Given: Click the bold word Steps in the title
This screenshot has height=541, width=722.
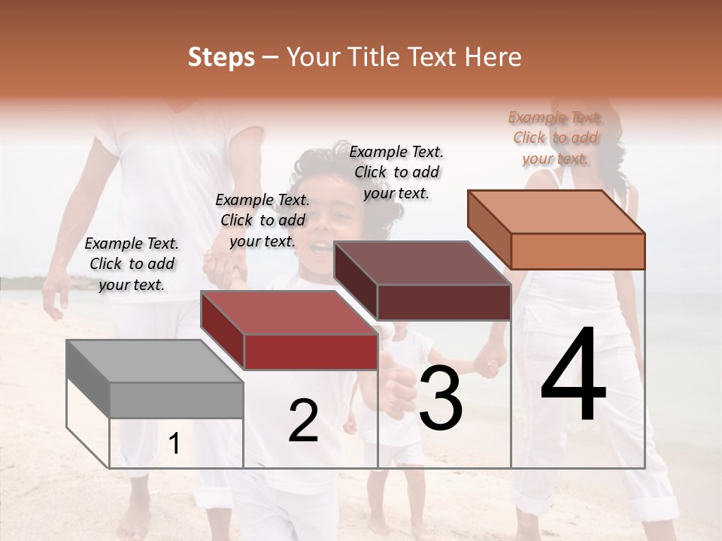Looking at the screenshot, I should tap(221, 57).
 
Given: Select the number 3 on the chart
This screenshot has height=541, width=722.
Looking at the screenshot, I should tap(441, 399).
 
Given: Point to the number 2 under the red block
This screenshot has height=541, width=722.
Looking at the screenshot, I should tap(303, 422).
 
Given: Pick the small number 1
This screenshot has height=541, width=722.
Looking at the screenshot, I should tap(174, 444).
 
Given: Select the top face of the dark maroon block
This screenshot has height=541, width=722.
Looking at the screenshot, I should tap(422, 263).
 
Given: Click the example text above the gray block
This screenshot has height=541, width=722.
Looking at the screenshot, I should tap(132, 264).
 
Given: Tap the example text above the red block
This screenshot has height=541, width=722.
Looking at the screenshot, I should tap(262, 220).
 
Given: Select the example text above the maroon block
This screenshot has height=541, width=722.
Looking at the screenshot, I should tap(396, 172).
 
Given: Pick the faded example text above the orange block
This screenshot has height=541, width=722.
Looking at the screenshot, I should tap(555, 138).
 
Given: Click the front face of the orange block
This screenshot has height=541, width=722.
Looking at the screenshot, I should tap(578, 251).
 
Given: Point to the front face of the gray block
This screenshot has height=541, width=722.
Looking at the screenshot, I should tap(177, 400).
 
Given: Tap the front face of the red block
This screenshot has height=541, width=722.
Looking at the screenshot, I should tap(310, 352).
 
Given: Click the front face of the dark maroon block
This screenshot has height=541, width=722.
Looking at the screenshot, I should tap(444, 302).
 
